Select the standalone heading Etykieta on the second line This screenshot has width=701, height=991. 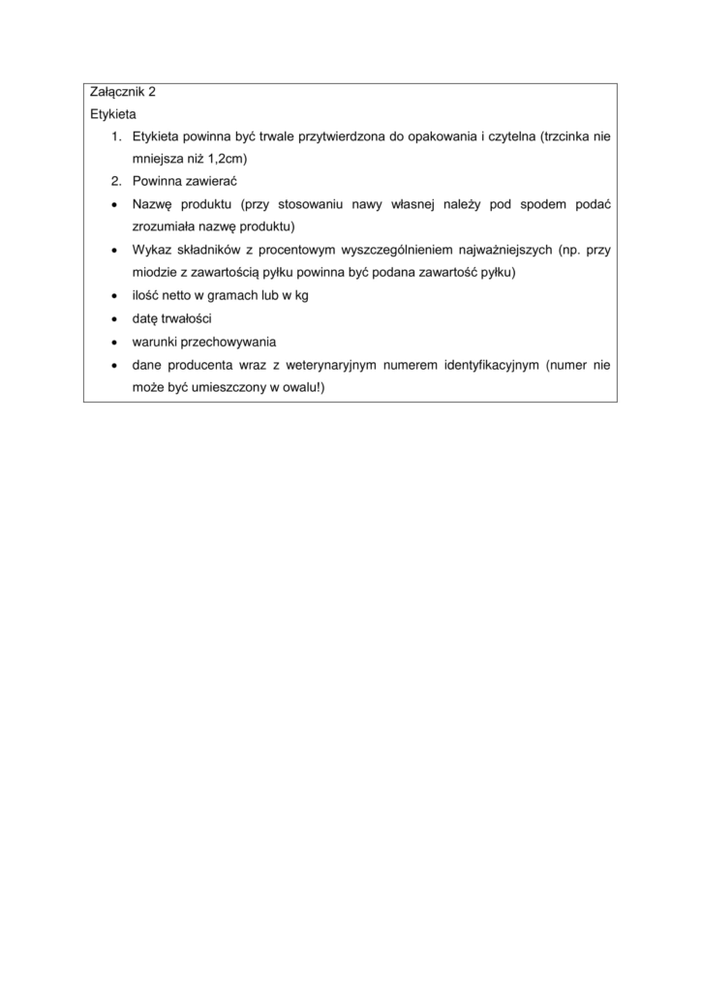click(x=112, y=114)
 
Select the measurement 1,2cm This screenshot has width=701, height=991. click(x=241, y=159)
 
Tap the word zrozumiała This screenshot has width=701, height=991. click(x=168, y=226)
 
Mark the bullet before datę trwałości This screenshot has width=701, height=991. click(x=114, y=318)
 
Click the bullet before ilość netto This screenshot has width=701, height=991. click(x=114, y=295)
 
